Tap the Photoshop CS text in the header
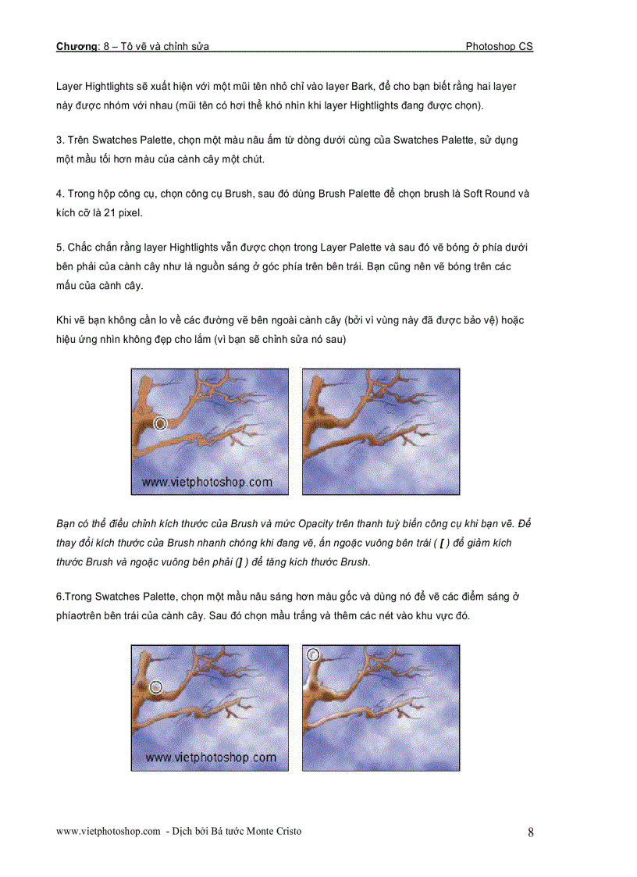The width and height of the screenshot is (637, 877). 499,47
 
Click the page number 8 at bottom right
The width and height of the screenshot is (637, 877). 531,832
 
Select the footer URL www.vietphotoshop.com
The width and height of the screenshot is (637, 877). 109,831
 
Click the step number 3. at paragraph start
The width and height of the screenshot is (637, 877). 60,141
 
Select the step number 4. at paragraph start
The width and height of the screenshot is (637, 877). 60,194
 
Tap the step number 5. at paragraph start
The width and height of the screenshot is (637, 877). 60,248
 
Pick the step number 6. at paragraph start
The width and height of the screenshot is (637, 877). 60,597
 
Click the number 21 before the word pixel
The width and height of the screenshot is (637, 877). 115,212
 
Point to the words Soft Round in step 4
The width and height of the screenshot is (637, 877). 490,194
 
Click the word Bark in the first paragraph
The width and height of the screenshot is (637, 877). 362,87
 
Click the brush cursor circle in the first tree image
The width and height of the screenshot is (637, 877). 160,423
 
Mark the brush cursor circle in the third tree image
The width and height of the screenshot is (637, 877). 155,687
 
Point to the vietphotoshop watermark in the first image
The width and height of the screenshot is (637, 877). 207,482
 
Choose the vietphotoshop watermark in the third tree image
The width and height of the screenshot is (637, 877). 210,758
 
